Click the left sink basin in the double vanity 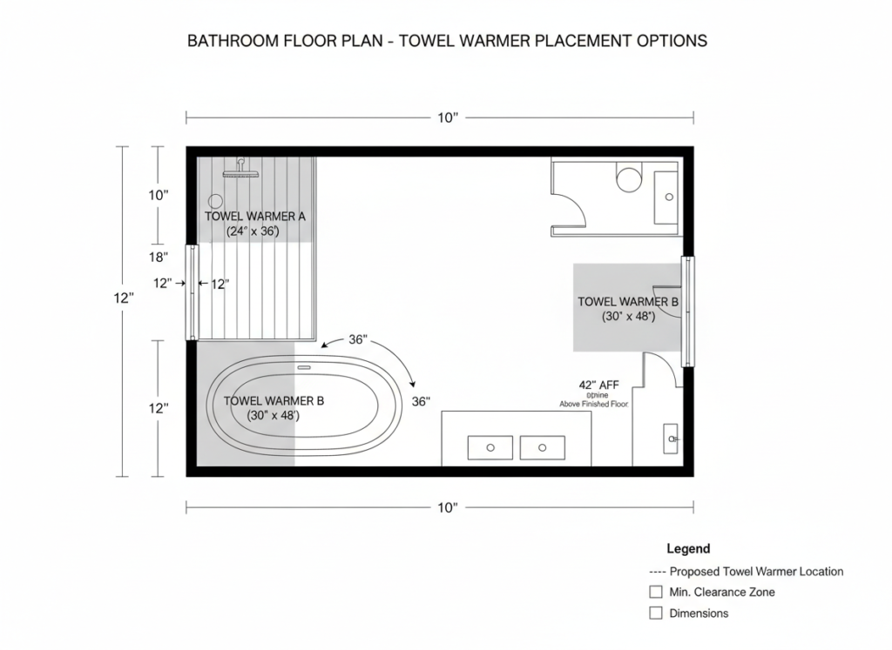(x=490, y=447)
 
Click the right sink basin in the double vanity (x=542, y=447)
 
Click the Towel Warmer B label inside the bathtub (x=274, y=401)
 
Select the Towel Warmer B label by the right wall (x=627, y=302)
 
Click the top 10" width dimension (x=446, y=117)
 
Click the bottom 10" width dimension (x=446, y=507)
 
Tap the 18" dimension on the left (x=158, y=258)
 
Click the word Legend (x=688, y=549)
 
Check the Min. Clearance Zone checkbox (x=656, y=592)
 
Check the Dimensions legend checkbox (x=656, y=613)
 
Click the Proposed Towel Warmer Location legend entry (x=747, y=572)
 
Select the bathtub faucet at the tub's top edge (x=303, y=367)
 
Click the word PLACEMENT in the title (x=566, y=41)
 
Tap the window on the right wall (x=687, y=311)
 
